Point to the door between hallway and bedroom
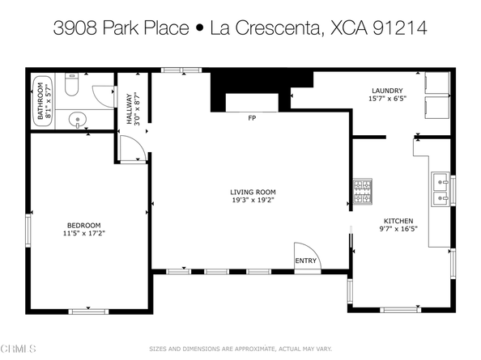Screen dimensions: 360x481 (x=132, y=148)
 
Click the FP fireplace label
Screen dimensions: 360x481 (x=252, y=118)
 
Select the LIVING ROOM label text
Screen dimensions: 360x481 (x=253, y=192)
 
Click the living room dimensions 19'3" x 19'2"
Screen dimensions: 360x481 (x=253, y=201)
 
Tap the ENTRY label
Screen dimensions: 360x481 (x=306, y=260)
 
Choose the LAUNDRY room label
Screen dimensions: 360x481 (x=386, y=91)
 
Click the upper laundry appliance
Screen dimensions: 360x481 (x=437, y=83)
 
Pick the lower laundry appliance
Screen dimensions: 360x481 (x=437, y=107)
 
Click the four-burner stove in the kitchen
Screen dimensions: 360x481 (x=360, y=191)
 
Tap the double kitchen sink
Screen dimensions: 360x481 (x=441, y=188)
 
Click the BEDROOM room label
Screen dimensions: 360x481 (x=83, y=224)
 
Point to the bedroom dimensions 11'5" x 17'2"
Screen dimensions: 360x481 (x=83, y=233)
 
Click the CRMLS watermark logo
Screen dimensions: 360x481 (x=19, y=349)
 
